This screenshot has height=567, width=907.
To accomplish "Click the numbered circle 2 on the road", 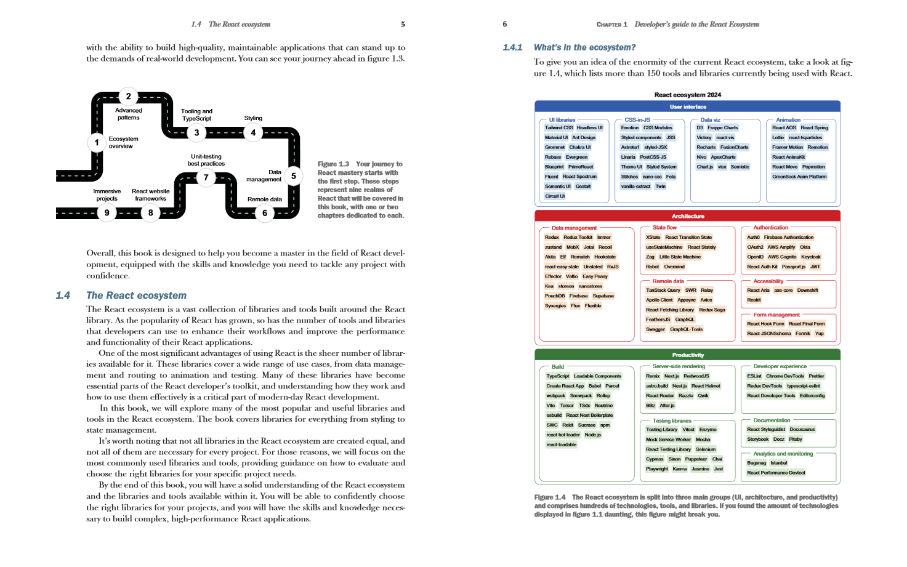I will coord(128,96).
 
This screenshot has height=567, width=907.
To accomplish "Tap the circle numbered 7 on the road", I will coord(206,178).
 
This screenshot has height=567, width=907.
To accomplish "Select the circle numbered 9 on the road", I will coord(107,213).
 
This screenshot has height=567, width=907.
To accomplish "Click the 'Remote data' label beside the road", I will coord(264,199).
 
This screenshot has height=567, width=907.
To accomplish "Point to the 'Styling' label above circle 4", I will coord(253,118).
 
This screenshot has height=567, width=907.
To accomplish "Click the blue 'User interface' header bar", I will coord(687,107).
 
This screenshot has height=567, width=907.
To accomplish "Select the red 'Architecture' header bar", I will coord(687,216).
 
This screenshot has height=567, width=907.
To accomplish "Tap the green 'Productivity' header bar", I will coord(687,355).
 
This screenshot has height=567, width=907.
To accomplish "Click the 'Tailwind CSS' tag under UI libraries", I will coord(558,128).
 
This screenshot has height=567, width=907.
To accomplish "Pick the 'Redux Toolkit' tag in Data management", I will coord(578,238).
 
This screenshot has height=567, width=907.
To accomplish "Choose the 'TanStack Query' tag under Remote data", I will coord(663,291).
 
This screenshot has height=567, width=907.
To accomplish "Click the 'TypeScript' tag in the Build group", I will coord(558,376).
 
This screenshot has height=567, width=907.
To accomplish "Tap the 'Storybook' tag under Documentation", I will coord(757,440).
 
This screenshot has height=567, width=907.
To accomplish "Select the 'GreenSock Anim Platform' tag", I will coord(799,177).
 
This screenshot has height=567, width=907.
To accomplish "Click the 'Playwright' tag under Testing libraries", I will coord(656,469).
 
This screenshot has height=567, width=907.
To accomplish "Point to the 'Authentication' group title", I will coord(770,228).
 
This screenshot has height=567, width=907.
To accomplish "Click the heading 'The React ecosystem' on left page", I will coord(136,296).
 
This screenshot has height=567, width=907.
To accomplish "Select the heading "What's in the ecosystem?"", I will coord(584,47).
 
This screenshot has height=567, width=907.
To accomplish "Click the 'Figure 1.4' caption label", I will coord(549,497).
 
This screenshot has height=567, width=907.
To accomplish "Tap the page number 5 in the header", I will coord(403,25).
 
